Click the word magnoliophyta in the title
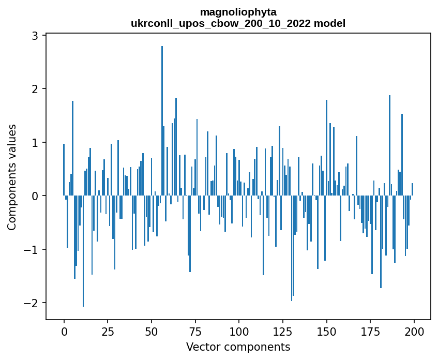(238, 12)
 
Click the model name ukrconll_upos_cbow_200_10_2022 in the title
(225, 23)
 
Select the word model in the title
(334, 23)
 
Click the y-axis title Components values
(11, 177)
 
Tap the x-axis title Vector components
(238, 347)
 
